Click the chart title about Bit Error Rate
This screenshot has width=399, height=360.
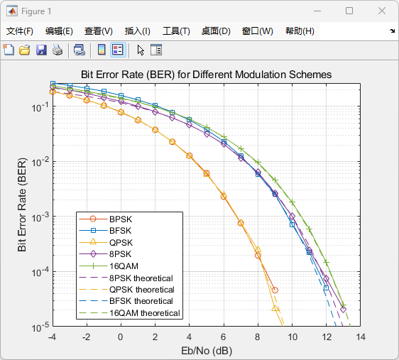point(206,75)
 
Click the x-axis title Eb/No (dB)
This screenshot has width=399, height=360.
point(206,351)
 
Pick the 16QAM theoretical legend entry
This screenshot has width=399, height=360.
point(146,313)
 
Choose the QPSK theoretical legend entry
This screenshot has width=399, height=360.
point(142,290)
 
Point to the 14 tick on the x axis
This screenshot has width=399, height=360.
point(361,337)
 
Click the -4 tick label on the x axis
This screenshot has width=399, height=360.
point(52,337)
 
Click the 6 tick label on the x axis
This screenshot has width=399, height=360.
point(224,337)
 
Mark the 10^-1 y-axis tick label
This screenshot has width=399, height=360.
point(38,107)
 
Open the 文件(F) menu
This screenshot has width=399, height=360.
point(19,31)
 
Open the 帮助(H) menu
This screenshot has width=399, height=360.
point(300,31)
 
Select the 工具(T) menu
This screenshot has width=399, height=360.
point(176,31)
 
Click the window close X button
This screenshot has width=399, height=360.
point(382,11)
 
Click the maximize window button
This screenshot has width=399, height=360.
point(349,11)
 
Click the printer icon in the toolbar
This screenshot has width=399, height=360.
point(58,50)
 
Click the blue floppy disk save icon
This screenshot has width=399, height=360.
point(41,50)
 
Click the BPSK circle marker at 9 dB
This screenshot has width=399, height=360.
point(275,290)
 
